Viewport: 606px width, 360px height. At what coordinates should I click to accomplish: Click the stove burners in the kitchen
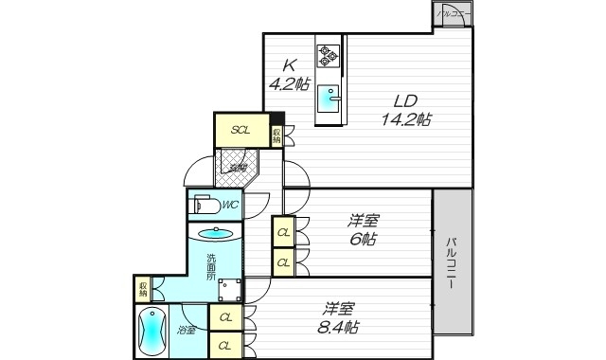click(329, 56)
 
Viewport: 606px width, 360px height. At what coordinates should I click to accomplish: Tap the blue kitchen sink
click(329, 96)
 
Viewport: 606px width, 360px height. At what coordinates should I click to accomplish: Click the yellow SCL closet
click(241, 131)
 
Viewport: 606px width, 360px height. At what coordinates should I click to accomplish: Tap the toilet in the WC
click(205, 204)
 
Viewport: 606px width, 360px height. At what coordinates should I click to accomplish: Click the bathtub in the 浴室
click(151, 333)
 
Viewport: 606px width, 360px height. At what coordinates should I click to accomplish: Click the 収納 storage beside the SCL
click(276, 135)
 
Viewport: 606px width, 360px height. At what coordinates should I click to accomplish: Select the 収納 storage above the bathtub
click(143, 287)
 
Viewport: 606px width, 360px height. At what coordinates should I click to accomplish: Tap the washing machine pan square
click(231, 293)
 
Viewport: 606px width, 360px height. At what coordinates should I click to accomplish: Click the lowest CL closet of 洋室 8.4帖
click(225, 346)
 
